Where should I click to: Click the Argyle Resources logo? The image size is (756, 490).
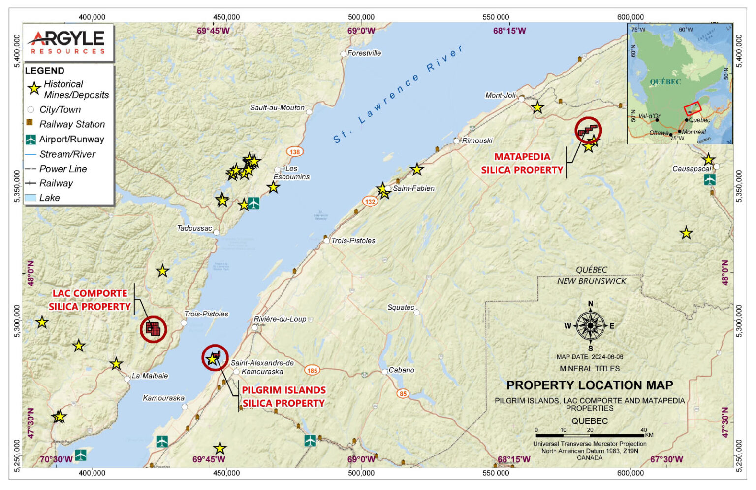click(x=68, y=42)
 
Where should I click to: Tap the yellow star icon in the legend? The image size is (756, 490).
click(x=34, y=89)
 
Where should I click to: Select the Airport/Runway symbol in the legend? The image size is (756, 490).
click(x=31, y=140)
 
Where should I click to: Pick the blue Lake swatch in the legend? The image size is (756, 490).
click(x=31, y=198)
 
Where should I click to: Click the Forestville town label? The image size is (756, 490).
click(x=364, y=53)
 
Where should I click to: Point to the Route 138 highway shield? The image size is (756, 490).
click(x=295, y=152)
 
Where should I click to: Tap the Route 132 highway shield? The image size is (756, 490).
click(x=370, y=201)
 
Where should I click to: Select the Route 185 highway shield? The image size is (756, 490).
click(x=312, y=371)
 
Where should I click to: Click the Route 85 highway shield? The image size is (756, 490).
click(x=403, y=393)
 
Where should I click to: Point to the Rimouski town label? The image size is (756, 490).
click(x=477, y=140)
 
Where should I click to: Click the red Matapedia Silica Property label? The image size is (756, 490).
click(x=522, y=163)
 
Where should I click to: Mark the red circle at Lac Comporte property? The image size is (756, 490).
click(x=154, y=329)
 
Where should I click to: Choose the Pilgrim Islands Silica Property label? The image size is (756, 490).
click(x=283, y=397)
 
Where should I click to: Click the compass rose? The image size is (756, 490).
click(x=590, y=326)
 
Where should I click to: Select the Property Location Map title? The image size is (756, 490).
click(x=590, y=385)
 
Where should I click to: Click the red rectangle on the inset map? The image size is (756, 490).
click(x=692, y=108)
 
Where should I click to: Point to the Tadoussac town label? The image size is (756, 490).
click(x=194, y=228)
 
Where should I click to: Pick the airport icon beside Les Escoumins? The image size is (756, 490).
click(x=253, y=203)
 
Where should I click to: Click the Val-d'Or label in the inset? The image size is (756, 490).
click(x=649, y=116)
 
